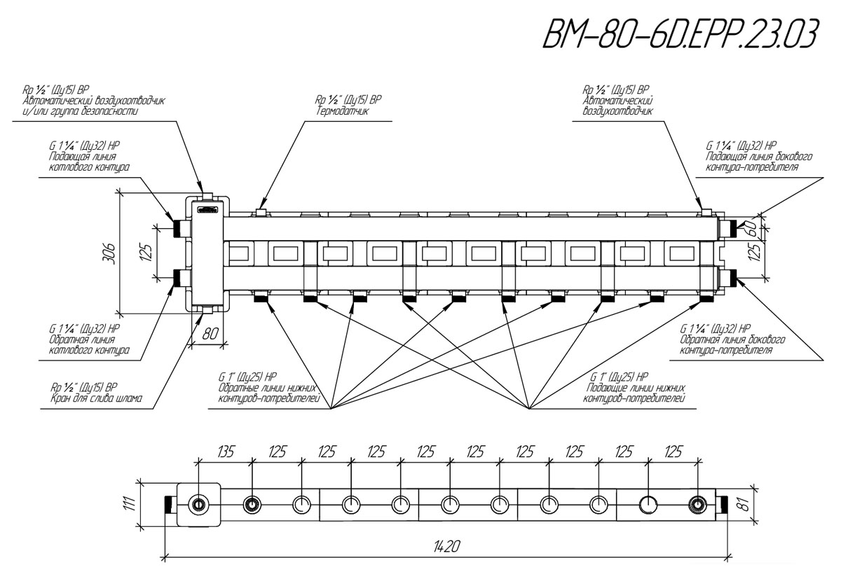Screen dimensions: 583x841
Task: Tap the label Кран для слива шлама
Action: [x=97, y=400]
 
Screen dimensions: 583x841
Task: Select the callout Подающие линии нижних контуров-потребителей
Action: [x=634, y=393]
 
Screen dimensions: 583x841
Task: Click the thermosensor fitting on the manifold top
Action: [x=261, y=211]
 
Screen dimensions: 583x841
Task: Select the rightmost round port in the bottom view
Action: [x=697, y=505]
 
